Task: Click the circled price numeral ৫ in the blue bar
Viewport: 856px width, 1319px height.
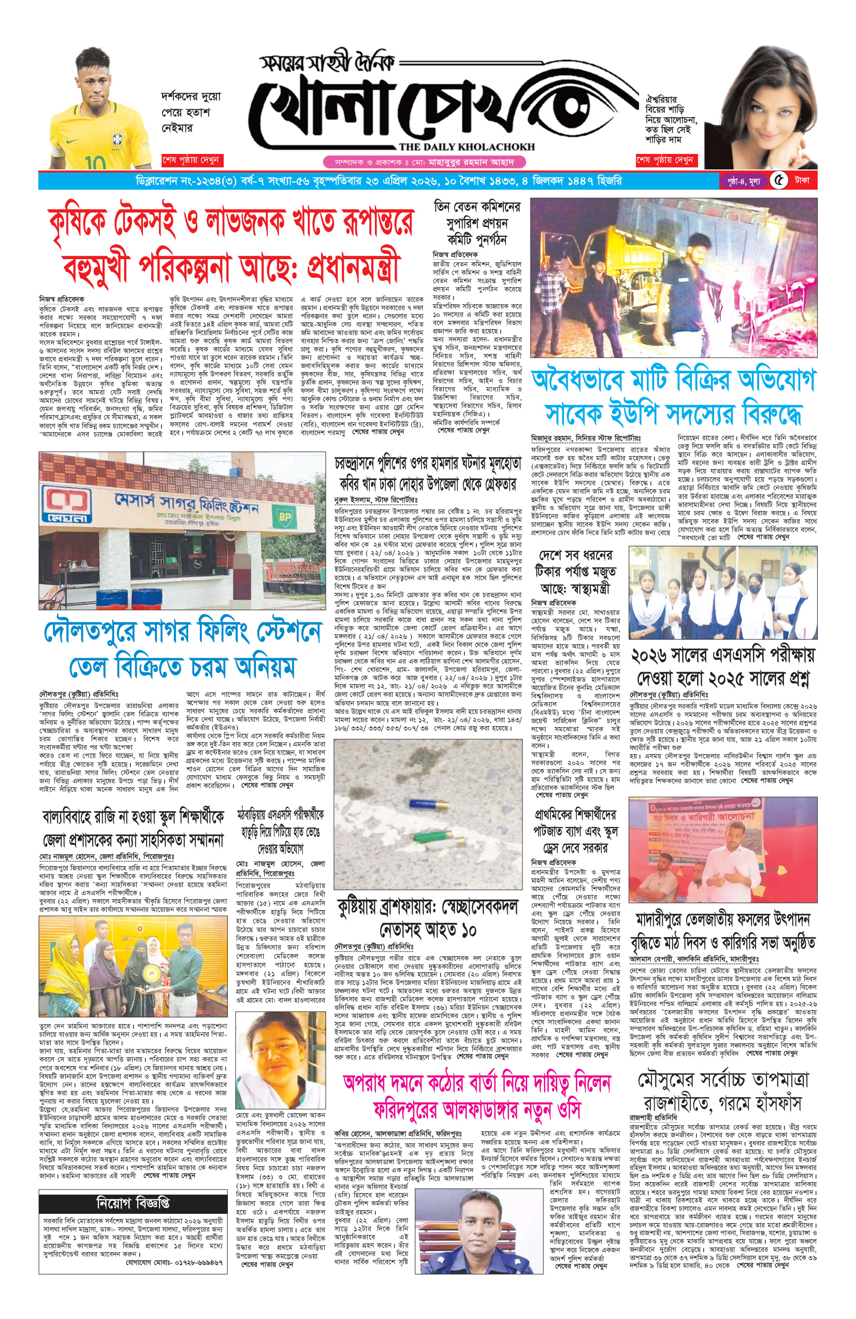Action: (779, 181)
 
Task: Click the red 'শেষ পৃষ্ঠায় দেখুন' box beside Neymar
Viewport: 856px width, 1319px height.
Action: (191, 160)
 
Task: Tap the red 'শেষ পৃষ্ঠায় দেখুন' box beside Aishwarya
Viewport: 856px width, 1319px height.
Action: (664, 160)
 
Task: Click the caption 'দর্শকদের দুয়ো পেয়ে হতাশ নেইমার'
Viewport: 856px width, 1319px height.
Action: (191, 112)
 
